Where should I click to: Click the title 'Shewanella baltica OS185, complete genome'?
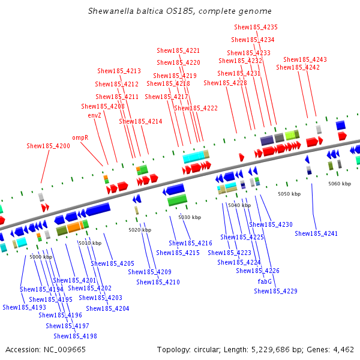pos(179,11)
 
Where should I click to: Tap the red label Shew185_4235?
pos(256,27)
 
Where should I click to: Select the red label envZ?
pos(95,115)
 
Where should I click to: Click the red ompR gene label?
pos(80,137)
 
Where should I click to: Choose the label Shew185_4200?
pos(48,146)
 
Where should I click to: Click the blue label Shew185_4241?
pos(316,233)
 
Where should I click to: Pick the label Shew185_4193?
pos(24,307)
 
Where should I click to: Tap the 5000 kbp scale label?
pos(41,257)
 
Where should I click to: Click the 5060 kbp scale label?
pos(340,184)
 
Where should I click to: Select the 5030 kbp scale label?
pos(190,217)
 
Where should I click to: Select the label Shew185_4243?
pos(305,59)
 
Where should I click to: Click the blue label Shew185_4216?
pos(190,243)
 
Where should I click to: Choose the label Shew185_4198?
pos(75,336)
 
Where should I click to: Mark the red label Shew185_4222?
pos(196,108)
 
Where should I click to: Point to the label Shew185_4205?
pos(112,263)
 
